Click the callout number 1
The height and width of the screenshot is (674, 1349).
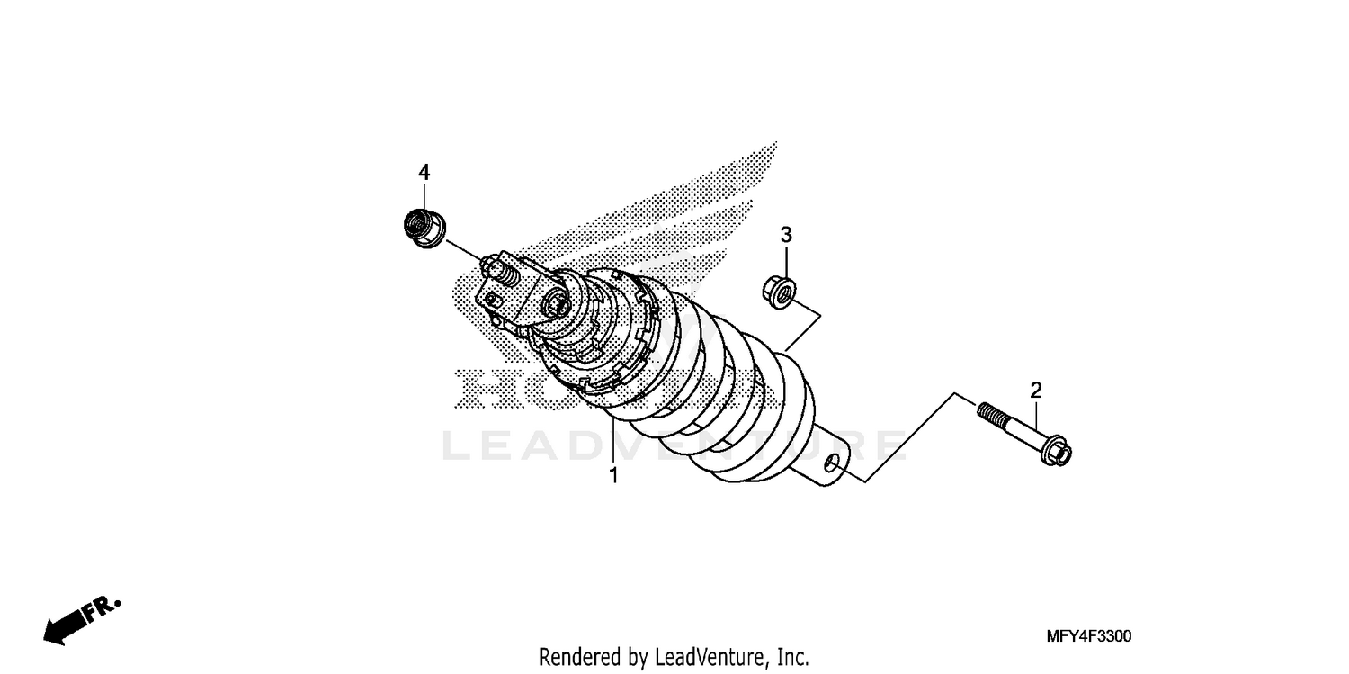[614, 476]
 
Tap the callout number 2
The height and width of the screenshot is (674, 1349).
[1036, 391]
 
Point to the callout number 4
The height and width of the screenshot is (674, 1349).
[424, 172]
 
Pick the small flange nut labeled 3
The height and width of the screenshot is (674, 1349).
[776, 291]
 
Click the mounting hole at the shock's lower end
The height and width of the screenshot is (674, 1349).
[833, 463]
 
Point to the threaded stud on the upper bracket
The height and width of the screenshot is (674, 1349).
[494, 267]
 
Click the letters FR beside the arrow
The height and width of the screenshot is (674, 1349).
[102, 608]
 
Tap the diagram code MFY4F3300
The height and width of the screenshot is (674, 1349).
[1087, 637]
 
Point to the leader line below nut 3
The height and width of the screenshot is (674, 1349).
[802, 329]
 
